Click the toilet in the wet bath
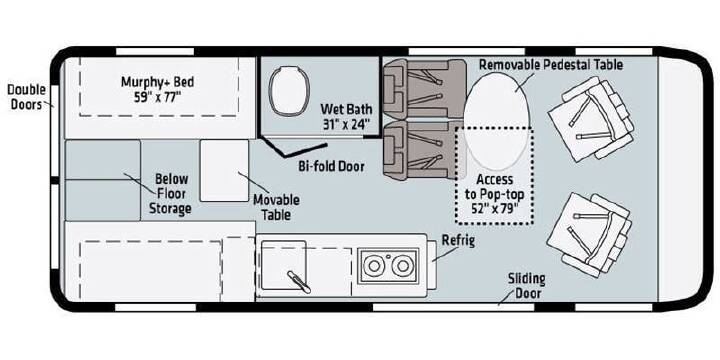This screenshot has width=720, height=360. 287,91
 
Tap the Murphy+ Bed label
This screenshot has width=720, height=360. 158,90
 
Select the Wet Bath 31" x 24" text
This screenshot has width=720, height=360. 346,117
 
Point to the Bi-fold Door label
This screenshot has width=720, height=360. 332,166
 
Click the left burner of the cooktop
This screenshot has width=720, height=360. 374,266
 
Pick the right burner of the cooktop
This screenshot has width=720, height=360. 403,266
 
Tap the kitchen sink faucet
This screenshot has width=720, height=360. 299,281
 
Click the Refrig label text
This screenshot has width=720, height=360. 458,241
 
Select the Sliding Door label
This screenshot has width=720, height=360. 526,286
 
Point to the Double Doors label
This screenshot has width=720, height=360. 26,96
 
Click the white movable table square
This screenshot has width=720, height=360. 224,170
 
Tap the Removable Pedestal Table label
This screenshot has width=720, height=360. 551,65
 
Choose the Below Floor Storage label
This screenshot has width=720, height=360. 171,194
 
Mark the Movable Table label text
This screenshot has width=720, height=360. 276,207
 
